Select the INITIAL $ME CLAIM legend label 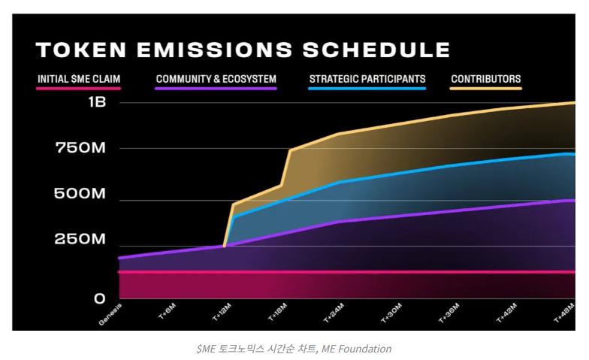tap(79, 78)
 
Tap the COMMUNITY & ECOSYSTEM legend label tap(216, 78)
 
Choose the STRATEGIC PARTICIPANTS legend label tap(367, 78)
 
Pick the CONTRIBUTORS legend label tap(485, 78)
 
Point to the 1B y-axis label tap(97, 102)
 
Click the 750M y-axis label tap(81, 148)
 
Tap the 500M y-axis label tap(81, 194)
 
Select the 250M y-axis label tap(81, 240)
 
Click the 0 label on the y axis tap(100, 298)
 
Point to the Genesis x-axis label tap(110, 314)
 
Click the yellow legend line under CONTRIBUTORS tap(485, 89)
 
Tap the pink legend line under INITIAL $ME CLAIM tap(79, 89)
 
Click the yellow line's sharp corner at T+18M tap(290, 151)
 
